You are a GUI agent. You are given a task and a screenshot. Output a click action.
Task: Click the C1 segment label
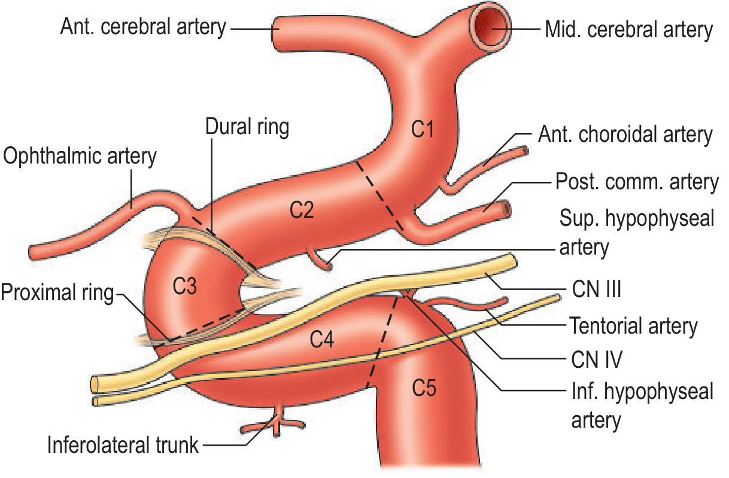click(x=422, y=129)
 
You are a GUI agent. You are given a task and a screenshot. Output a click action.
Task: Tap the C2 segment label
click(x=302, y=210)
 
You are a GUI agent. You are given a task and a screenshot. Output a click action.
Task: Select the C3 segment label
click(x=184, y=286)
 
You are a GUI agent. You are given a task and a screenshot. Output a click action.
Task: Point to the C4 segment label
click(x=321, y=339)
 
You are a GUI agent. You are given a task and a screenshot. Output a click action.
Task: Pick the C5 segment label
click(x=424, y=388)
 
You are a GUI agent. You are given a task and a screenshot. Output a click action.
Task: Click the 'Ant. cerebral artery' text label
click(x=143, y=27)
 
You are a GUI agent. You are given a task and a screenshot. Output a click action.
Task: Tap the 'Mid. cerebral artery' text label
click(x=629, y=29)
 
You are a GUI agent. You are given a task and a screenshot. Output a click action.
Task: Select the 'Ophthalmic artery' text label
click(x=80, y=156)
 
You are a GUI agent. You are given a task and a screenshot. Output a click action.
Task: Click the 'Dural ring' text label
click(x=247, y=126)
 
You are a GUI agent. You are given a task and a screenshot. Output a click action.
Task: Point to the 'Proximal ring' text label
click(x=57, y=292)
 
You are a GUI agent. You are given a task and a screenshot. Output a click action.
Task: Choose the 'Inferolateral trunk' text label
click(x=123, y=445)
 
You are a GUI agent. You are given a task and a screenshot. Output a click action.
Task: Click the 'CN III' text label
click(x=597, y=289)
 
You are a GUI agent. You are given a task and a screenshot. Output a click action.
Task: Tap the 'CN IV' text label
click(x=597, y=359)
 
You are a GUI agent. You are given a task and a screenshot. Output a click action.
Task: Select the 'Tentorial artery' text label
click(x=633, y=326)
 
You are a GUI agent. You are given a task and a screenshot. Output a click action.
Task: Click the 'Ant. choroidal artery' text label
click(x=625, y=134)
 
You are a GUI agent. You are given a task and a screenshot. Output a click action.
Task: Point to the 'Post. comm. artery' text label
click(x=637, y=181)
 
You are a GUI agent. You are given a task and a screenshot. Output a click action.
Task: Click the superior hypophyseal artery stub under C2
click(x=320, y=259)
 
